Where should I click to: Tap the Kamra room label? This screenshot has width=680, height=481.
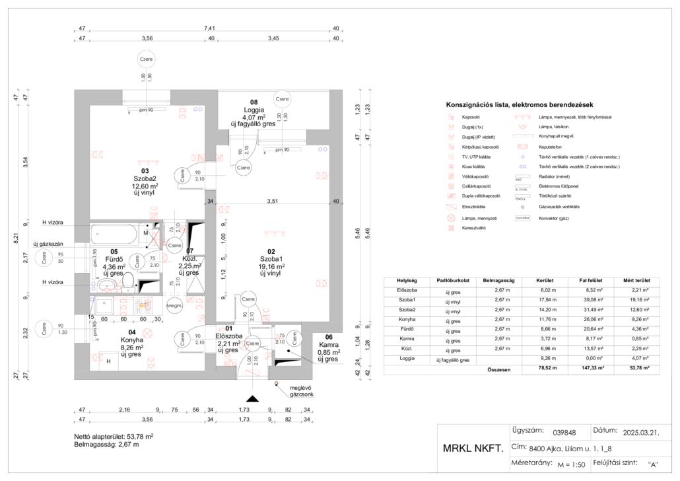328,345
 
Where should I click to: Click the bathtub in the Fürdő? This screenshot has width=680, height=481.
116,235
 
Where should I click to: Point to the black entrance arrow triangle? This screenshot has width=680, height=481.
251,398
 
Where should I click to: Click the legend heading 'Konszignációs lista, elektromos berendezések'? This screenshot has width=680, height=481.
520,104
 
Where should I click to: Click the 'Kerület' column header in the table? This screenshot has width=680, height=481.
545,280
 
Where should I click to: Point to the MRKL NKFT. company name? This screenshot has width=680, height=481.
472,449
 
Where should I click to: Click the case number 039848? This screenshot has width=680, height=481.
564,433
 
